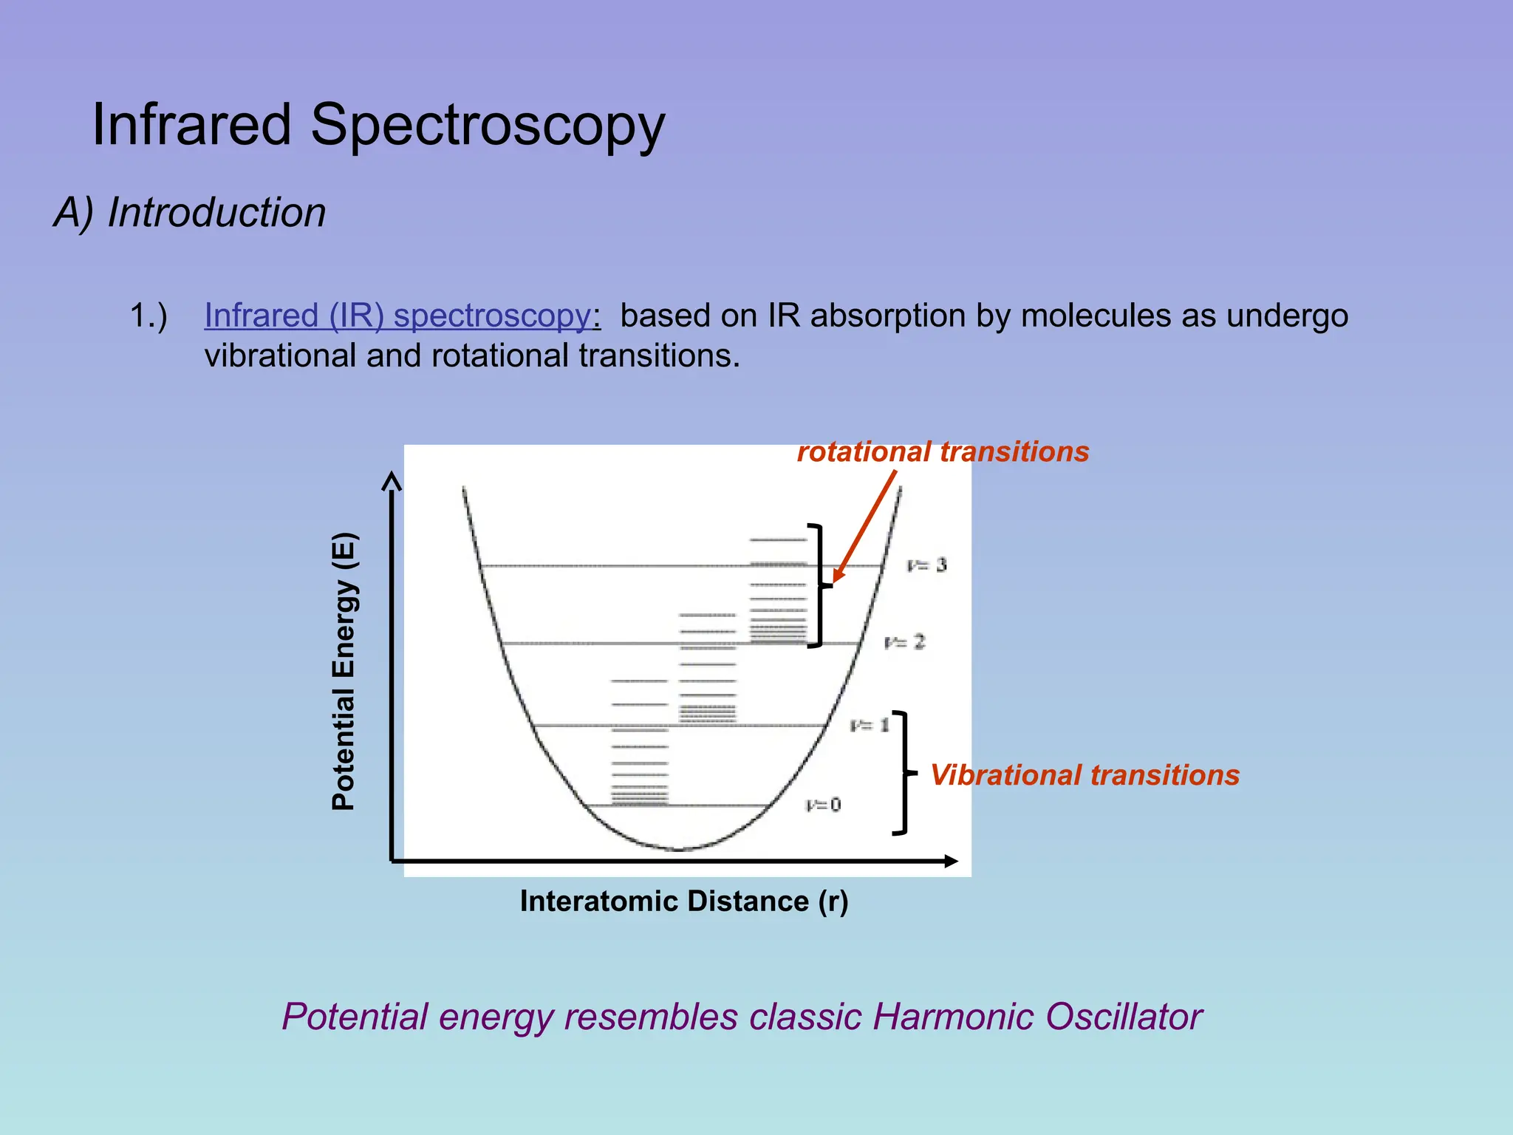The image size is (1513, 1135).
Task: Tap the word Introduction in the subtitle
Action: (216, 213)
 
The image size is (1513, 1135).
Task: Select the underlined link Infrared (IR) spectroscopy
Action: (397, 316)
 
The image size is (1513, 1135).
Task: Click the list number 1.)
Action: (148, 316)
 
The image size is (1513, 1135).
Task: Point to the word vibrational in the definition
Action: (281, 355)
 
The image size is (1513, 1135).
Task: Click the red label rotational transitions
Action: (943, 451)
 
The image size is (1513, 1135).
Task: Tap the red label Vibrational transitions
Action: (1085, 774)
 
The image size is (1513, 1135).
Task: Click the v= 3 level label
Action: (926, 565)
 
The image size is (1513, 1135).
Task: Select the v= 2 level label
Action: (904, 641)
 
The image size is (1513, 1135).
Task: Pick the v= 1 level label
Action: (870, 725)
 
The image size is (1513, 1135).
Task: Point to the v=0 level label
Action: (823, 804)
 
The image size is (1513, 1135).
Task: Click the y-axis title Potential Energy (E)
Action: (344, 671)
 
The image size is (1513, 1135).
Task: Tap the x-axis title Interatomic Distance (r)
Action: (684, 901)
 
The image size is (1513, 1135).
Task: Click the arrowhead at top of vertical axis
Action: (392, 481)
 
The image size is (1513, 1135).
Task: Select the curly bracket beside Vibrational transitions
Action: (903, 773)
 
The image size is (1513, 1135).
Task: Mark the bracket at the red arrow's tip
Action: (819, 585)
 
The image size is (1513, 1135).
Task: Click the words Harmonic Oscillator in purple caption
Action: (1037, 1017)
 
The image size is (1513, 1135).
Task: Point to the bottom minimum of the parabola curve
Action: (678, 849)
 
